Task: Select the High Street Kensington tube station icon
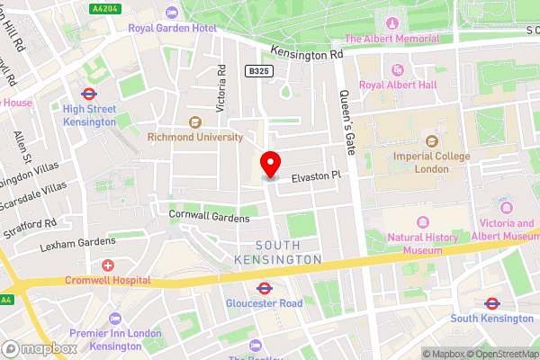(x=89, y=93)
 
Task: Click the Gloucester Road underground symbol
(x=265, y=289)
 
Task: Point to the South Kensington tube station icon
(x=491, y=303)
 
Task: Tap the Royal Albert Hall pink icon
(x=397, y=70)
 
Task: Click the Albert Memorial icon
(x=391, y=22)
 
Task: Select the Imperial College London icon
(x=431, y=141)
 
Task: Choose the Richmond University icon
(x=193, y=122)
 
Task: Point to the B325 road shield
(x=259, y=69)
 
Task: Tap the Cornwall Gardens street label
(x=209, y=216)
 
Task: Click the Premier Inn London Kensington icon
(x=114, y=318)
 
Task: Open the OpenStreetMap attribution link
(x=500, y=354)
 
